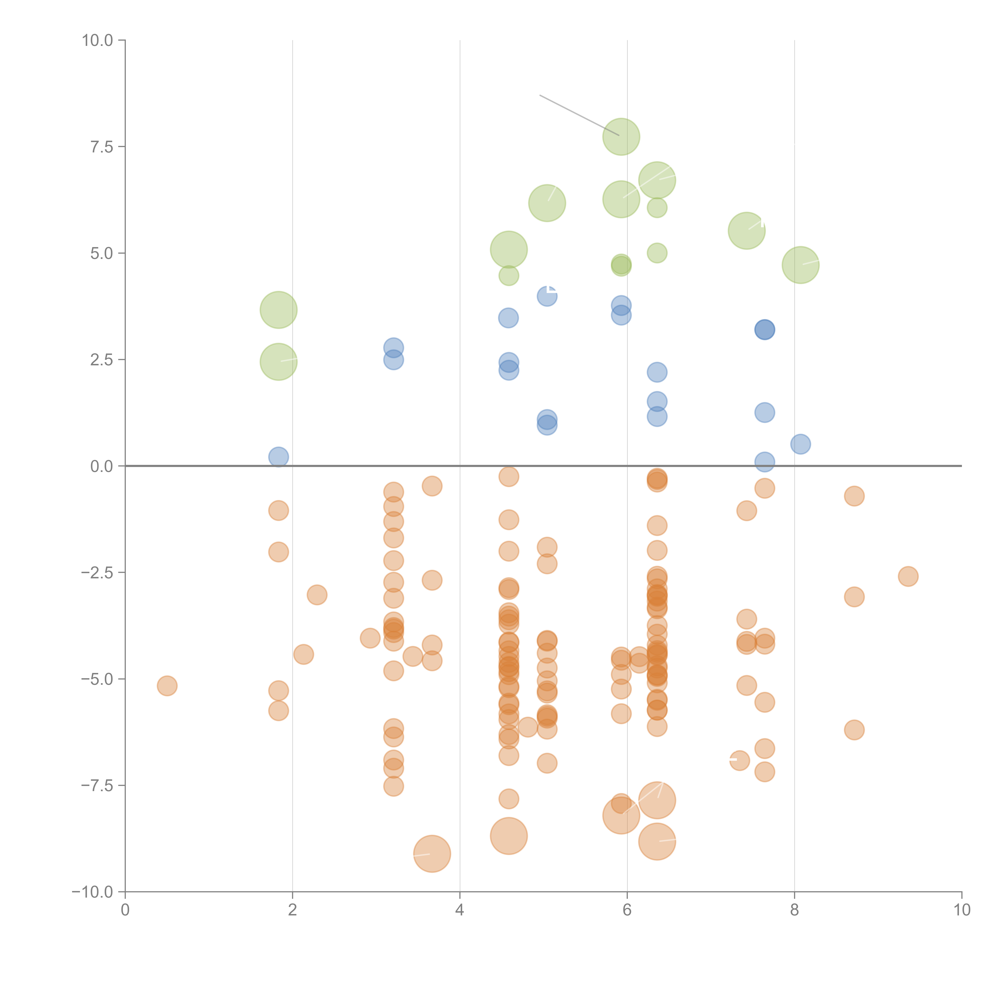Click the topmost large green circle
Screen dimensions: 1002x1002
click(x=621, y=137)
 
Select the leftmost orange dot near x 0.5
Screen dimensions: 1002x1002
click(x=167, y=686)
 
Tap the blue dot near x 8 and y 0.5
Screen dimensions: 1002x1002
click(x=800, y=444)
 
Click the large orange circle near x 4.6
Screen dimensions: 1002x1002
click(x=508, y=835)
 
